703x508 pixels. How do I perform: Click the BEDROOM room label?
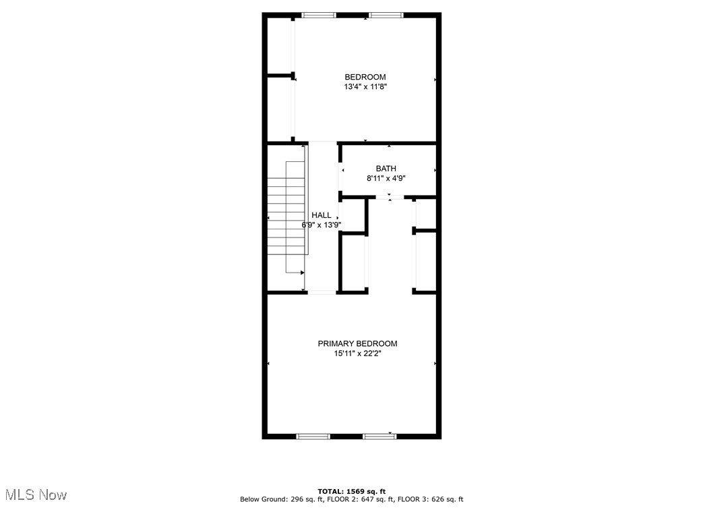point(365,77)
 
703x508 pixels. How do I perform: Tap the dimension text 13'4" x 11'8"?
point(365,87)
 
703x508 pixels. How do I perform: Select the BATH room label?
point(386,169)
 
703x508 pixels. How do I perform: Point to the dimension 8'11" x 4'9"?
point(386,179)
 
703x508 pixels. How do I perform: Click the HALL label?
point(322,215)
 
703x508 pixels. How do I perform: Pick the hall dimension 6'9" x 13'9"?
point(322,225)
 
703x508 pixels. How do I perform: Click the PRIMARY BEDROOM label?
point(357,343)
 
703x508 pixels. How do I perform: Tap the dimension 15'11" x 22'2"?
point(357,354)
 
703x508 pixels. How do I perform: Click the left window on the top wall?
point(319,15)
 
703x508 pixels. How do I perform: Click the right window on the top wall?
point(386,15)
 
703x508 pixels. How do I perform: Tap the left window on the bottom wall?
point(313,436)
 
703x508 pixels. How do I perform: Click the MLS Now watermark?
point(34,495)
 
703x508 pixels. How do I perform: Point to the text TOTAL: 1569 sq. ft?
point(351,491)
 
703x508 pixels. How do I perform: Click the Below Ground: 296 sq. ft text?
point(281,499)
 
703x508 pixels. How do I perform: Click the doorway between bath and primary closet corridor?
point(390,197)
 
